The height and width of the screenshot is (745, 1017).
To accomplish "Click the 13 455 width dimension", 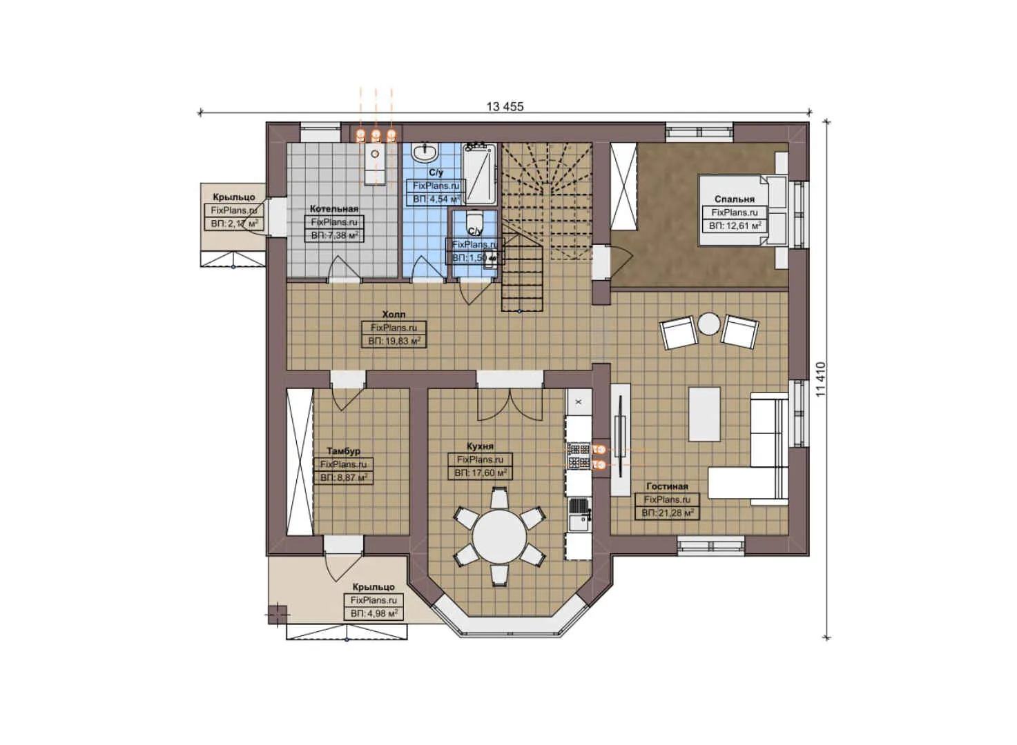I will pos(505,107).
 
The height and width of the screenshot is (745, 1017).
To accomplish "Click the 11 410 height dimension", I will pos(820,379).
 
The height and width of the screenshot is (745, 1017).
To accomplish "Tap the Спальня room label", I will pos(734,199).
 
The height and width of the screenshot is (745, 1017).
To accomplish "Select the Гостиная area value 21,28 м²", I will pos(667,513).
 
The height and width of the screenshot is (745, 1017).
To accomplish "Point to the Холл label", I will pos(394,315).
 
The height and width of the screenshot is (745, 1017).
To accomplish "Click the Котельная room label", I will pos(333,208).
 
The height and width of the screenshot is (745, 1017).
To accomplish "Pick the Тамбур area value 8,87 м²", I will pos(343,477).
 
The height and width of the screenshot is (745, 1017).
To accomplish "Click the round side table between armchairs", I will pos(708,324).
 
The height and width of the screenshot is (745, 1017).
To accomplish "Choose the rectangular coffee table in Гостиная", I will pos(704,414).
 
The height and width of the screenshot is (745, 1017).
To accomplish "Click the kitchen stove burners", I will pos(578,455).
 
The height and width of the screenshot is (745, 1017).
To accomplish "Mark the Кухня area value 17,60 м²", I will pos(481,473).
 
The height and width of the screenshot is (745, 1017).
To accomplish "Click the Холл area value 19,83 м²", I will pos(394,341).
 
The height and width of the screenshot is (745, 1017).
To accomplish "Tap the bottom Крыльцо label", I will pos(373,587).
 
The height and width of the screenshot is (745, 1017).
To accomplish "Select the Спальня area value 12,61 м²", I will pos(735,226).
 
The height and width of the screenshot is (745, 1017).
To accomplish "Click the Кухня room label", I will pos(480,446).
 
